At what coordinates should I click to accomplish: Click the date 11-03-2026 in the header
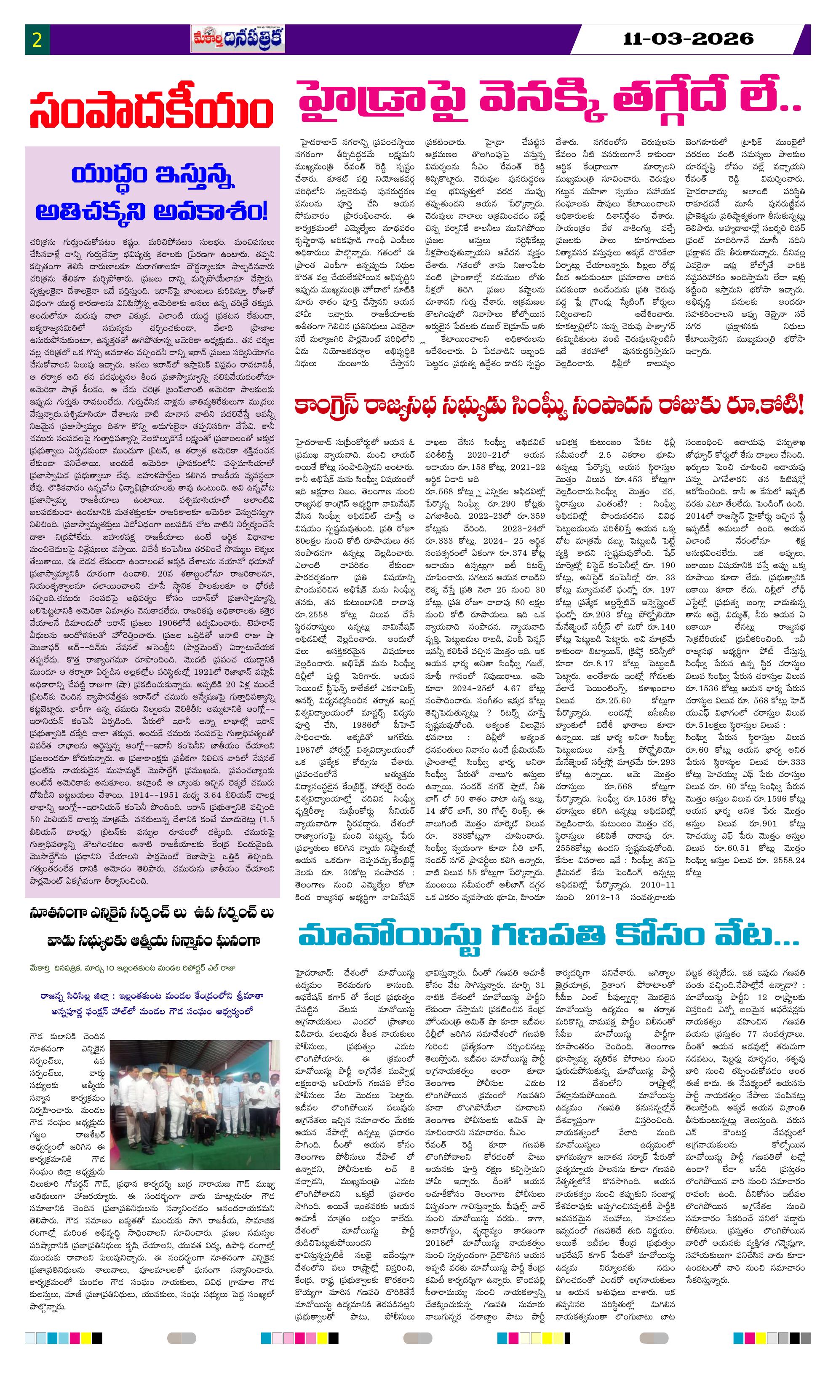(688, 39)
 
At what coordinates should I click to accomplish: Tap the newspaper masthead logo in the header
(238, 39)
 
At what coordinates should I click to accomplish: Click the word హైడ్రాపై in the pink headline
(382, 102)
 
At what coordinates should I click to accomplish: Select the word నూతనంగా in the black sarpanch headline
(59, 914)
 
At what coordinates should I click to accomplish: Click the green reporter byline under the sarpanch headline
(134, 968)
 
